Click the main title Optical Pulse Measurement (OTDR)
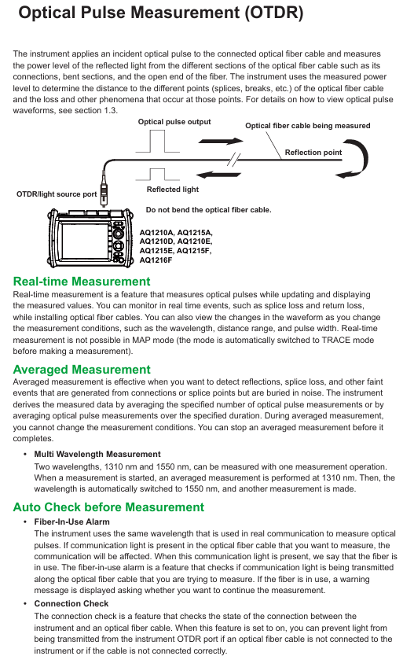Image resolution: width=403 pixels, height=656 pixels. tap(161, 13)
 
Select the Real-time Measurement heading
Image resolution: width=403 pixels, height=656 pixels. tap(82, 281)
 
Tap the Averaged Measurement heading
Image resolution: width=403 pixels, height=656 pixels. tap(82, 370)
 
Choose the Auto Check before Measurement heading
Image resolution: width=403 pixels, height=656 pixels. tap(108, 507)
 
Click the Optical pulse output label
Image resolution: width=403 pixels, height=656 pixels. tap(174, 122)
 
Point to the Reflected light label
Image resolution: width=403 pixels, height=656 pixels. tap(173, 190)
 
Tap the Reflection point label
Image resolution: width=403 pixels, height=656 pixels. tap(313, 153)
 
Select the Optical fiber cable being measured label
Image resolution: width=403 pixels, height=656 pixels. tap(308, 126)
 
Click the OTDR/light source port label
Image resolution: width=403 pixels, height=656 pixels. tap(57, 194)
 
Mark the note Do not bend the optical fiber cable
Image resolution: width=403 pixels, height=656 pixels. tap(209, 210)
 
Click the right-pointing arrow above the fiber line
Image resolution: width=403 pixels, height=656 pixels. tap(221, 141)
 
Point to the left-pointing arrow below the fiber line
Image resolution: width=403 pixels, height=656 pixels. tap(218, 175)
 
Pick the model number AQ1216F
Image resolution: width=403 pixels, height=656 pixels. tap(156, 260)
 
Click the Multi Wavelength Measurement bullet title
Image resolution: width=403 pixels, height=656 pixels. tap(97, 455)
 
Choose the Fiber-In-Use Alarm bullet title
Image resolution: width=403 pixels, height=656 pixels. tap(72, 521)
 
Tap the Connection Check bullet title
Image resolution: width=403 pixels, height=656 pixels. tap(71, 604)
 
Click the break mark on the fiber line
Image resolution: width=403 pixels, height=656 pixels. tap(234, 160)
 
